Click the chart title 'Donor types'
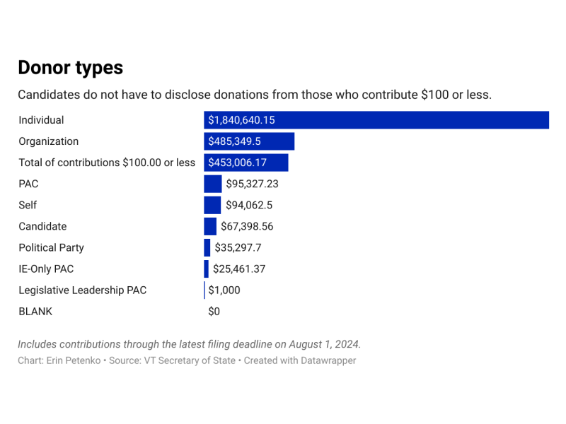(x=70, y=67)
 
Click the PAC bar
(x=213, y=184)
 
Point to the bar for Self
(x=212, y=205)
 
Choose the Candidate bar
(x=210, y=226)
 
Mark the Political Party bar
(x=207, y=247)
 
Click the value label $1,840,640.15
(x=241, y=120)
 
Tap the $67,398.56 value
(x=247, y=226)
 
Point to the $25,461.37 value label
(x=239, y=269)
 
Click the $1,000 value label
(x=224, y=290)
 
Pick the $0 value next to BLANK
(x=214, y=311)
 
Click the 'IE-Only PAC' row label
(x=46, y=269)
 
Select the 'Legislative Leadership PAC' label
(x=82, y=290)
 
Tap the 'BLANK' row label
(x=35, y=311)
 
